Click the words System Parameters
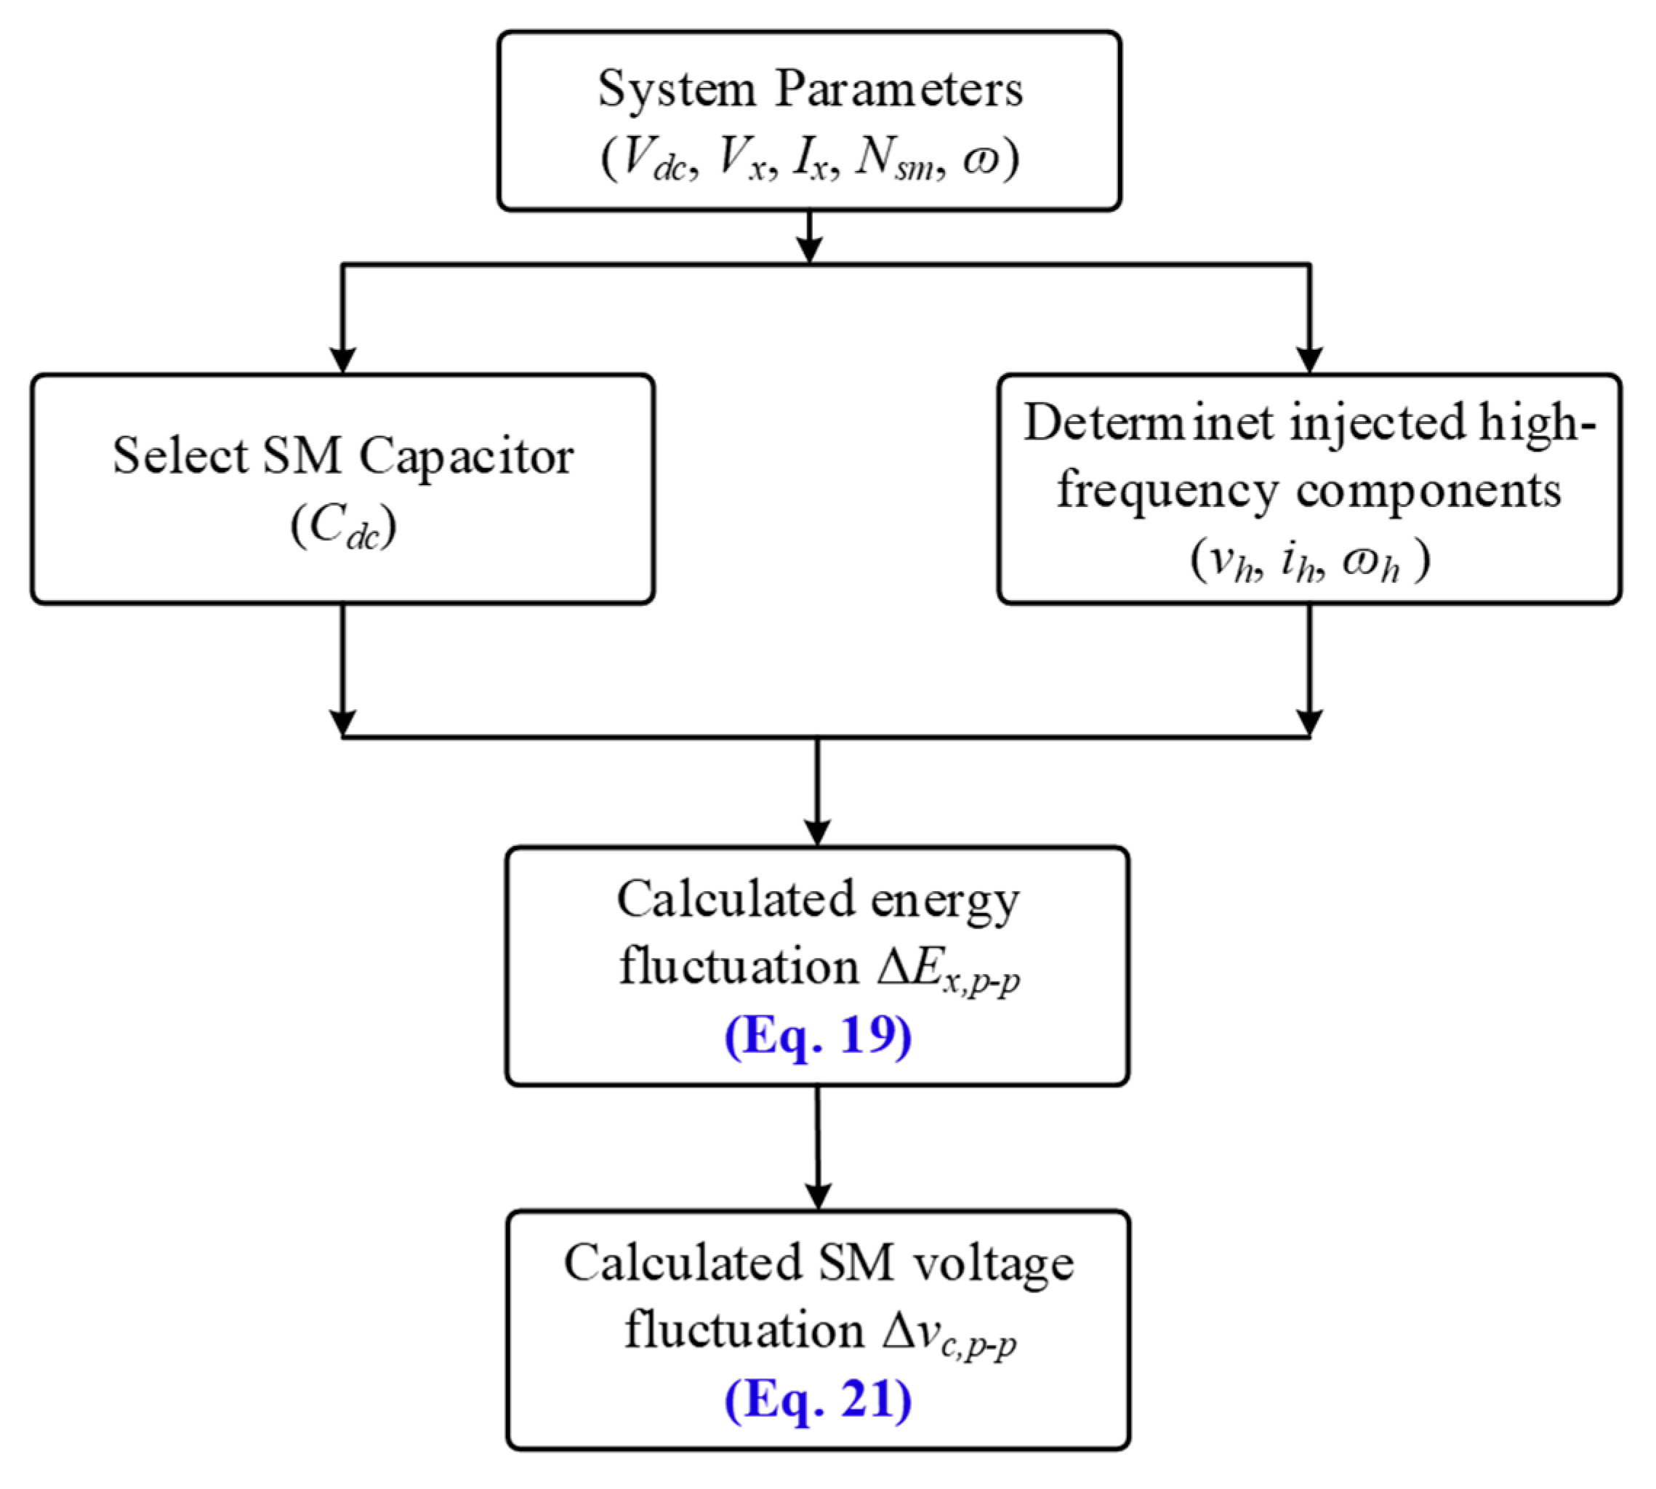coord(810,88)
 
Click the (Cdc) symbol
coord(342,526)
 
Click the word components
coord(1428,491)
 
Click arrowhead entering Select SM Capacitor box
coord(342,360)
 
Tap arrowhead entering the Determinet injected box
coord(1309,360)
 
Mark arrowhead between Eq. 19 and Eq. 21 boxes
coord(818,1196)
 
